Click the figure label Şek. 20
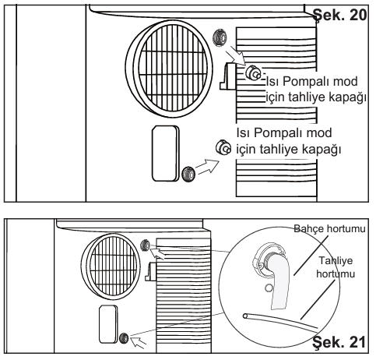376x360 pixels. point(339,15)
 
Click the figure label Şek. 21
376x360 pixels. point(339,342)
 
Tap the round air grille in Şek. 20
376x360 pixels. point(170,69)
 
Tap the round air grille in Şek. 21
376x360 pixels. point(111,266)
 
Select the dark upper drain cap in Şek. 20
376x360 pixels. point(220,38)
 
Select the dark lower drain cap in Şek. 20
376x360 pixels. point(188,175)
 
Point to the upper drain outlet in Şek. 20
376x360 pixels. point(252,72)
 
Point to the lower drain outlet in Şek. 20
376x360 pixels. point(223,147)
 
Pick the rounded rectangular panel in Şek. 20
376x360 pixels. point(166,154)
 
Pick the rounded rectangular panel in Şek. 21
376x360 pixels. point(108,324)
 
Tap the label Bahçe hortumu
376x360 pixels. point(329,229)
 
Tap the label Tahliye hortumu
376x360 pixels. point(336,267)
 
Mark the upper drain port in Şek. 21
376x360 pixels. point(145,245)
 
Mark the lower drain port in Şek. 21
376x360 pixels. point(124,338)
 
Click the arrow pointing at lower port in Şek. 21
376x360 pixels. point(139,341)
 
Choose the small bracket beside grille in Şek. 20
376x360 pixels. point(228,76)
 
